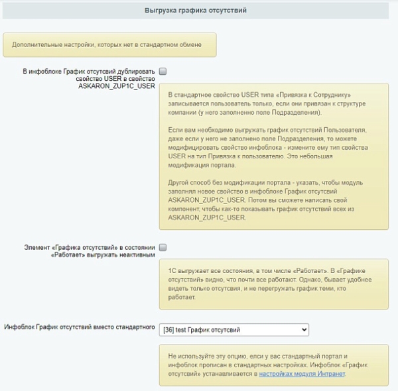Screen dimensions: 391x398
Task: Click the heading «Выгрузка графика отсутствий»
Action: pos(195,10)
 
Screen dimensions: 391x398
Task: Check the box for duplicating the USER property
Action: pos(163,70)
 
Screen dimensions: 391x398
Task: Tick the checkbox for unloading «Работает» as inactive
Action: pos(163,247)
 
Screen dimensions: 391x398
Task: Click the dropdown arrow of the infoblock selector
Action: pos(304,329)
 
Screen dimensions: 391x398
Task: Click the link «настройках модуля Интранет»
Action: pos(302,374)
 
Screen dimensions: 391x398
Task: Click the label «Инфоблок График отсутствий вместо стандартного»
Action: pos(80,327)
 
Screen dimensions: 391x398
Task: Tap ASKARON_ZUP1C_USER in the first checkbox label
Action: pos(117,85)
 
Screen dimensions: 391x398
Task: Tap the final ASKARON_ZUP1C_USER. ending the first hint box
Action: pos(208,217)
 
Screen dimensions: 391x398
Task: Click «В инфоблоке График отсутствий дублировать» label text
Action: pos(88,70)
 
